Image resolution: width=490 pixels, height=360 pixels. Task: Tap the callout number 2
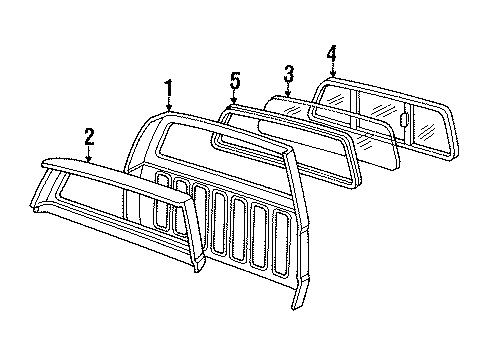pos(89,134)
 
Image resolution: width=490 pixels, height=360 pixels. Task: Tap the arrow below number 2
pos(89,152)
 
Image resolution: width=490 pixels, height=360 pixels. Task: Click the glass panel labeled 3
pos(330,125)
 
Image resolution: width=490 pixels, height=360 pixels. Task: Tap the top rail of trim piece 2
pos(110,170)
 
